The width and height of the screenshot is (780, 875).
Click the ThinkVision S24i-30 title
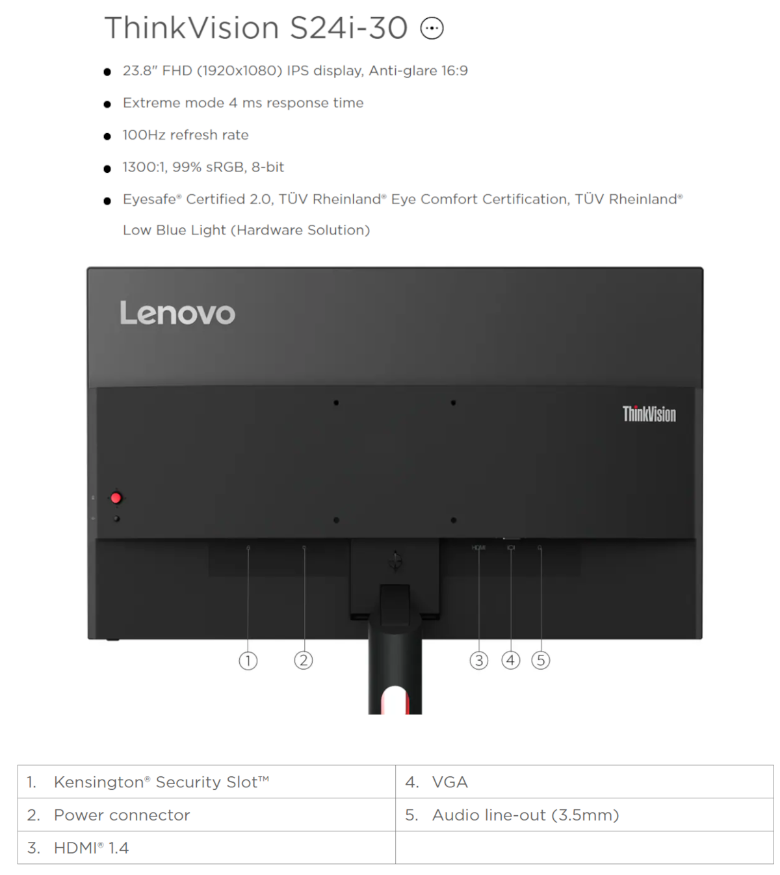256,29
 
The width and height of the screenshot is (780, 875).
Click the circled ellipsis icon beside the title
432,29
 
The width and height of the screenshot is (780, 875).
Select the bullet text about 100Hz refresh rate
185,135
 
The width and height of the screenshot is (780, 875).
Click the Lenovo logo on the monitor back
177,313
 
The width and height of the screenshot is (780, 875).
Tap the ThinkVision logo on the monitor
649,414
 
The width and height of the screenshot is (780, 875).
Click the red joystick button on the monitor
116,498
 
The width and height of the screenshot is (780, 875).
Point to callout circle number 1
248,661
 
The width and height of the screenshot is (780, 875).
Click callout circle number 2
304,661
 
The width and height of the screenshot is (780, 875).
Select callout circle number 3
479,661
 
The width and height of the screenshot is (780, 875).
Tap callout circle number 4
511,661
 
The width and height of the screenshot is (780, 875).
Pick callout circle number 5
541,661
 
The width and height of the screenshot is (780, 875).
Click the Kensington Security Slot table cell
207,782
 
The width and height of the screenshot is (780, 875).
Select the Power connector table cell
207,815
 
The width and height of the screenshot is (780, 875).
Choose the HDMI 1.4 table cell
207,848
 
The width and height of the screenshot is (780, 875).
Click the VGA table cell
584,782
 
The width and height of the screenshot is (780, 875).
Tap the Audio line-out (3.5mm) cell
584,815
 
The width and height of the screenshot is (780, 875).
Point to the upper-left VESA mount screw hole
336,403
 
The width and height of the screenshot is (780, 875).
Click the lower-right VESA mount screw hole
454,520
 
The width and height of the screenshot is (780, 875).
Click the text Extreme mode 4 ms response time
243,103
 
